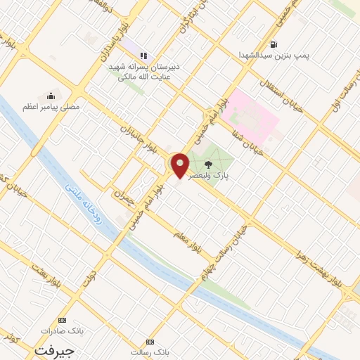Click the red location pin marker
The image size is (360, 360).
(180, 165)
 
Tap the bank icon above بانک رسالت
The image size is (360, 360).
(149, 341)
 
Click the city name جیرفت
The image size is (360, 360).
(54, 349)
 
